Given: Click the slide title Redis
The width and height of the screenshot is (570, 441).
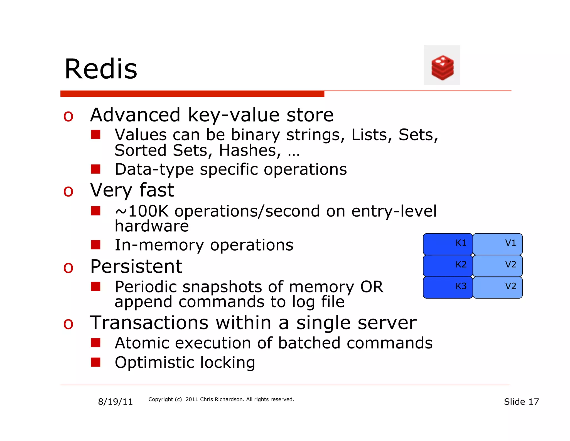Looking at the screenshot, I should point(101,69).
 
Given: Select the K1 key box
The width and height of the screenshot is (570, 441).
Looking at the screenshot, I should point(448,244).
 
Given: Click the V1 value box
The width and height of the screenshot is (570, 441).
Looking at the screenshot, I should point(497,244).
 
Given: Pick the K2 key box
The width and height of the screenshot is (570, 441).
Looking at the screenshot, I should point(448,265).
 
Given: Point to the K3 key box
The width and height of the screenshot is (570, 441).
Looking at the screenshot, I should point(448,287).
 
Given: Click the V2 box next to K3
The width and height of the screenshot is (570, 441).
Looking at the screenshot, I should point(497,287).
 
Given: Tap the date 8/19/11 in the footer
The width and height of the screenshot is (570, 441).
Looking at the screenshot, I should point(115,402).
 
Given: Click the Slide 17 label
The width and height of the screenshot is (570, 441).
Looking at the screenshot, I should point(521,402).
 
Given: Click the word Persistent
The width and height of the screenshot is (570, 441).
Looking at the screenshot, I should point(136,266).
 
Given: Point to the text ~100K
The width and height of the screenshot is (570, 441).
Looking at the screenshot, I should point(142,211).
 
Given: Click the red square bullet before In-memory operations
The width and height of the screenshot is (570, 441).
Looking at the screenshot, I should point(96,245).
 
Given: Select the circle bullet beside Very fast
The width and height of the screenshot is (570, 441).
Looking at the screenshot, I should point(68,192).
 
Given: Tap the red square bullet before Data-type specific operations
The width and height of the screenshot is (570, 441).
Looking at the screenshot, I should point(96,169).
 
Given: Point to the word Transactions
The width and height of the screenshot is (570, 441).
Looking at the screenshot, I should point(149,323).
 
